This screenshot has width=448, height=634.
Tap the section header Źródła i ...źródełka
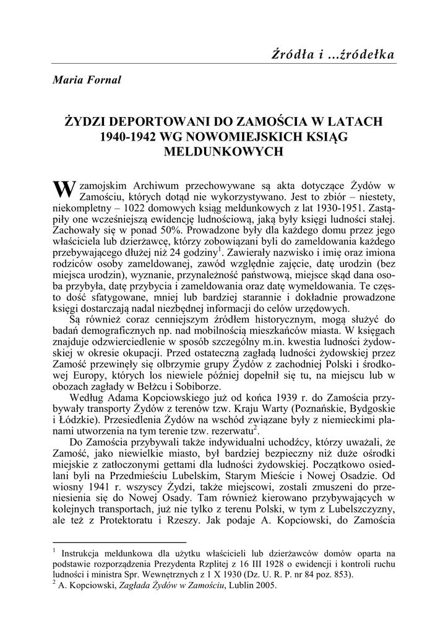333,54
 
